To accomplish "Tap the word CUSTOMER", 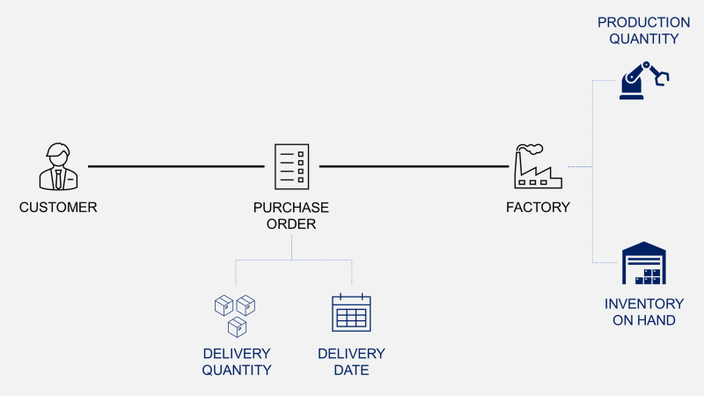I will (x=58, y=208).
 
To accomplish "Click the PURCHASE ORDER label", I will (x=291, y=216).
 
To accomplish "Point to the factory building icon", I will (x=537, y=169).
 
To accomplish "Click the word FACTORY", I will (x=538, y=208).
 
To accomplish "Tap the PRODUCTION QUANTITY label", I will (x=643, y=30).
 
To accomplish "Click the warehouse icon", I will (x=643, y=264).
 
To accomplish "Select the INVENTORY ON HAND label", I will (x=643, y=312).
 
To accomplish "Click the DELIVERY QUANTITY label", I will (x=237, y=362).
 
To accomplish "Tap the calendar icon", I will (x=351, y=313).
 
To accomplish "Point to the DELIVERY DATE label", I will (x=351, y=362).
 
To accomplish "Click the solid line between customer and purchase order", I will (x=176, y=166).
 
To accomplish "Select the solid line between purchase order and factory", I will (x=414, y=166).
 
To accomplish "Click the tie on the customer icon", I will (x=58, y=178).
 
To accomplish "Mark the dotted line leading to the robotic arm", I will (x=593, y=114).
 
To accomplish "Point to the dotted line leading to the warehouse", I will (x=593, y=220).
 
